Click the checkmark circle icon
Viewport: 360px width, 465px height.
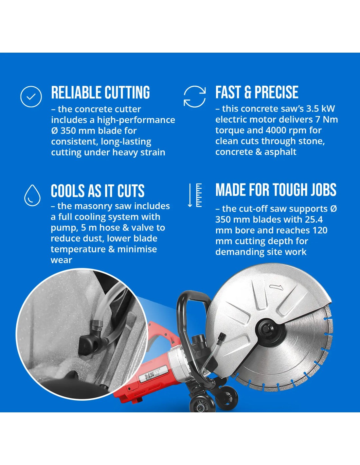(31, 96)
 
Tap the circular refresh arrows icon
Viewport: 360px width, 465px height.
(195, 96)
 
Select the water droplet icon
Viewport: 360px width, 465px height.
(32, 195)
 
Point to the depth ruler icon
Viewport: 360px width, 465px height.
(195, 195)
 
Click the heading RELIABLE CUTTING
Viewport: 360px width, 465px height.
(100, 93)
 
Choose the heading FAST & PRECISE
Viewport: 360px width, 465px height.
(257, 92)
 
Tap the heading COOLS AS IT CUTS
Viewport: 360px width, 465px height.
(98, 191)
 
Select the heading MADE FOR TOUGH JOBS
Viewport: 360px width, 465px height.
(276, 190)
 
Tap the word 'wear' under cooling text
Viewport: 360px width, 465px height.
(61, 260)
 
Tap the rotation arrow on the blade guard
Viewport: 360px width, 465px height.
(276, 287)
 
